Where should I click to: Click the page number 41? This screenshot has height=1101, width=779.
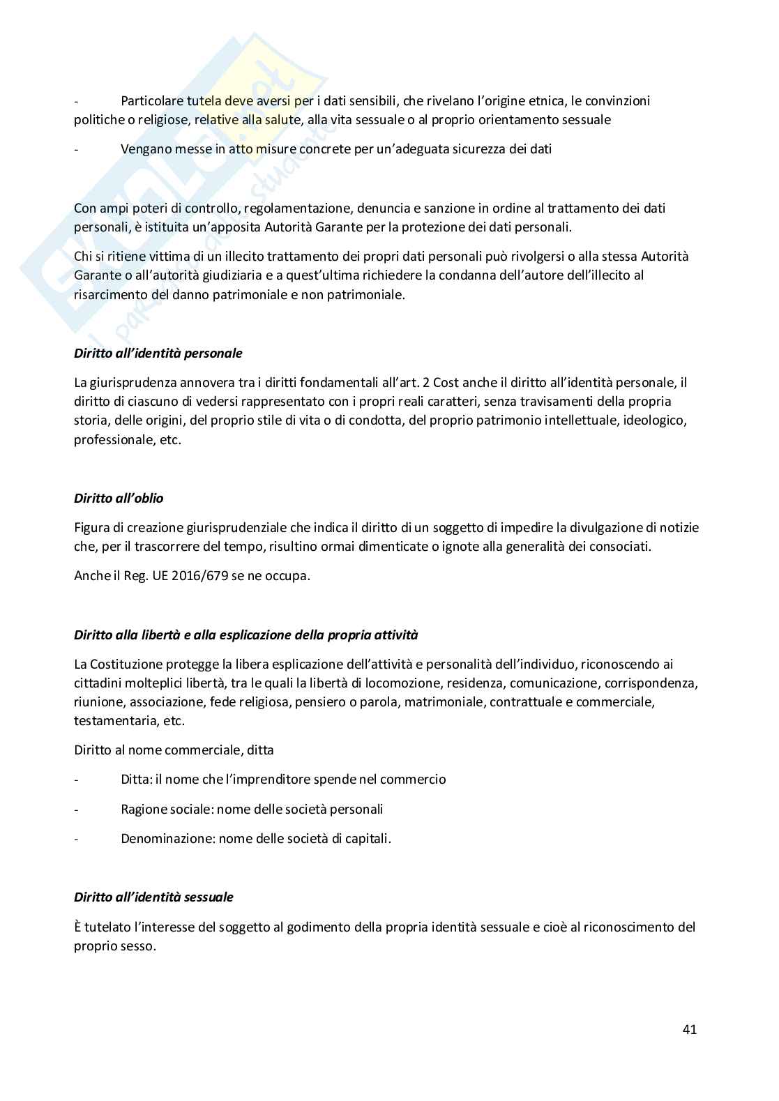click(x=690, y=1029)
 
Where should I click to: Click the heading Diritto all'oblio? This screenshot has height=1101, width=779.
click(x=119, y=498)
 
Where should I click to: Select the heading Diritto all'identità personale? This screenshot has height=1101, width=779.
click(x=158, y=353)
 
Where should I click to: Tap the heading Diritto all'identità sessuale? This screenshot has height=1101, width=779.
click(x=153, y=897)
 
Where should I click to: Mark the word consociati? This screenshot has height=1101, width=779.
click(x=619, y=546)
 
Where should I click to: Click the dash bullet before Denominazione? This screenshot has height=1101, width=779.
click(x=77, y=839)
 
